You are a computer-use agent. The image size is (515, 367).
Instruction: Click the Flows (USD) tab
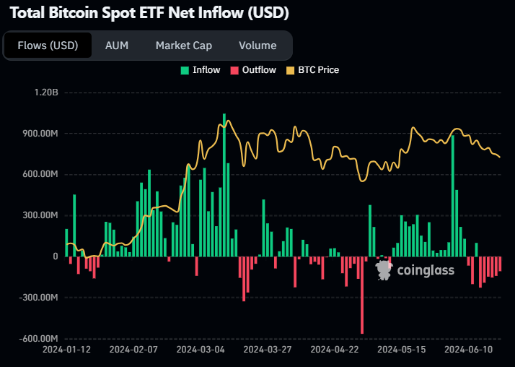pyautogui.click(x=48, y=46)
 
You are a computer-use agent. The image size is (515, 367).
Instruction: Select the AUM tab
pyautogui.click(x=116, y=46)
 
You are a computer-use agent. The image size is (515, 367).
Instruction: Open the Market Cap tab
pyautogui.click(x=183, y=46)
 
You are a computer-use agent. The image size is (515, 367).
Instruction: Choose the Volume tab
pyautogui.click(x=257, y=46)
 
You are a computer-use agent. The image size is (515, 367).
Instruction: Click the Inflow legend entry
pyautogui.click(x=201, y=70)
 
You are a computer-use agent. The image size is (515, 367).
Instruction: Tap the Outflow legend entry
pyautogui.click(x=253, y=70)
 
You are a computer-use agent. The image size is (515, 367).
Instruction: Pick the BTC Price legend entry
pyautogui.click(x=312, y=70)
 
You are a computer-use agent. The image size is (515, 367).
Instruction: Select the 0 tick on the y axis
pyautogui.click(x=54, y=256)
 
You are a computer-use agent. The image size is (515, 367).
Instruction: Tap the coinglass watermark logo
pyautogui.click(x=415, y=270)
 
